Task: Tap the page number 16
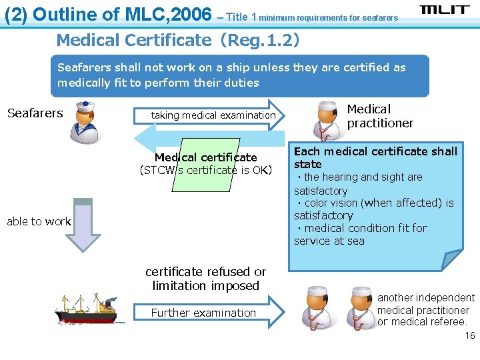pos(470,335)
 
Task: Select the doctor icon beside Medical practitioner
pos(327,119)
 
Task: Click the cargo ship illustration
pos(87,308)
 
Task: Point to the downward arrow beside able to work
pos(83,224)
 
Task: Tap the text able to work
pos(39,221)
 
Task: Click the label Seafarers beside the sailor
pos(35,113)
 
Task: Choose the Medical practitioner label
pos(380,116)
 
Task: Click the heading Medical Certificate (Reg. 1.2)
pos(177,40)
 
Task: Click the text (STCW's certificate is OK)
pos(206,170)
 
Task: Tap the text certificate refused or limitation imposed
pos(205,279)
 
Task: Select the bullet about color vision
pos(373,209)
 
